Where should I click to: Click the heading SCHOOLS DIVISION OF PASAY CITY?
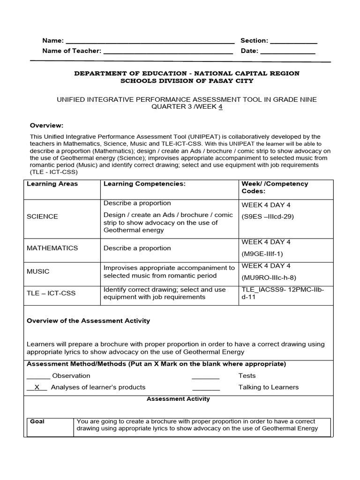[187, 81]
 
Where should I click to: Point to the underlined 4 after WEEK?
[220, 106]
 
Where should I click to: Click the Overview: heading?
[46, 125]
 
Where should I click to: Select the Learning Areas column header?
[52, 184]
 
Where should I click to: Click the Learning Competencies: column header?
[144, 184]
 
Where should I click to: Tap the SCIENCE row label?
[43, 217]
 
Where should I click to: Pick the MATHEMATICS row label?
[52, 247]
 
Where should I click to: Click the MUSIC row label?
[38, 271]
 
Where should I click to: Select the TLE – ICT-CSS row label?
[51, 293]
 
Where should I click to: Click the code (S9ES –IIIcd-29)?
[268, 217]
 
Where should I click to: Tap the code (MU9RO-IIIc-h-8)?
[269, 277]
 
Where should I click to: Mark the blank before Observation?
[38, 376]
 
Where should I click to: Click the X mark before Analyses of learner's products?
[37, 387]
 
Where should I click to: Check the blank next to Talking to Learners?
[206, 388]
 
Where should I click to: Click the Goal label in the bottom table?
[37, 421]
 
